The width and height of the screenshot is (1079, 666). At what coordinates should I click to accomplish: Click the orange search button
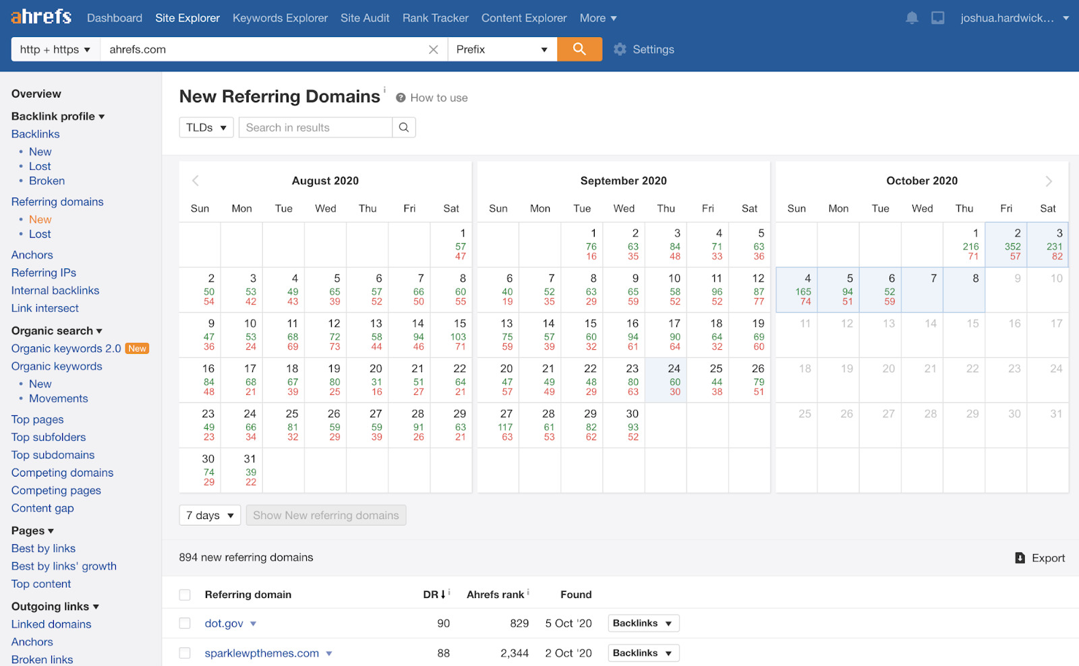click(579, 49)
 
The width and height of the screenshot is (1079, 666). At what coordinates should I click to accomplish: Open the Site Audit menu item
click(365, 18)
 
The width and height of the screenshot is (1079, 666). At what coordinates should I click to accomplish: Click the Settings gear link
click(644, 49)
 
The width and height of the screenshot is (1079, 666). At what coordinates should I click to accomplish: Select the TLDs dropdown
click(206, 127)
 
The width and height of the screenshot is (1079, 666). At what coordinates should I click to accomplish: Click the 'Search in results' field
click(316, 127)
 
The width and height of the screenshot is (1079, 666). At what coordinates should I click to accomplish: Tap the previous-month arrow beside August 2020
click(196, 181)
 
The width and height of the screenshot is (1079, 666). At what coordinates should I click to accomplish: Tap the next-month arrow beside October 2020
click(1049, 181)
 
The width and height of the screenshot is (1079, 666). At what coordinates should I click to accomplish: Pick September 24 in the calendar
click(666, 380)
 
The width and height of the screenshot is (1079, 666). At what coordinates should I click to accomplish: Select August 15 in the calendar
click(451, 334)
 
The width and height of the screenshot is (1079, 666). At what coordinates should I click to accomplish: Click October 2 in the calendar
click(1006, 244)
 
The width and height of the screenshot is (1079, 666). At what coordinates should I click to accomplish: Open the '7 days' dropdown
click(210, 515)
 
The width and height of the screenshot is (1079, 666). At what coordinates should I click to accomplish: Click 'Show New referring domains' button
click(326, 515)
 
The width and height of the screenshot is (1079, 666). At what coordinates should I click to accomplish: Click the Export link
click(1040, 558)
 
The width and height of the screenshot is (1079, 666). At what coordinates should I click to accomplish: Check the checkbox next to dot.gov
click(185, 624)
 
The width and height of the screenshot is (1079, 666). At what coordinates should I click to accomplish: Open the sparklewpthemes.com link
click(262, 653)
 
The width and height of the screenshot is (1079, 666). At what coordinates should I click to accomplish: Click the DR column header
click(432, 595)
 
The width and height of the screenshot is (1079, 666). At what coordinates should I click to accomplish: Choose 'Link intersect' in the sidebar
click(45, 308)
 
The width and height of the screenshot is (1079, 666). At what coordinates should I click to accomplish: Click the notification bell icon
click(912, 18)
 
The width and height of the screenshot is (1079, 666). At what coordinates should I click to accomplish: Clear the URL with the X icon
click(434, 49)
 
